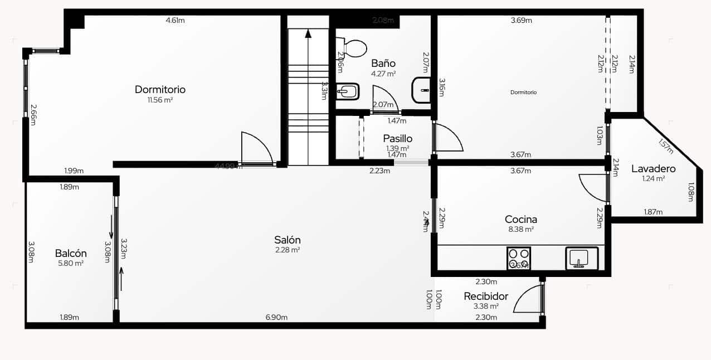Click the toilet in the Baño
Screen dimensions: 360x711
(352, 48)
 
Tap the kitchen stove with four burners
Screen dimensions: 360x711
(519, 259)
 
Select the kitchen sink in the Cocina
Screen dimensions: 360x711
(582, 258)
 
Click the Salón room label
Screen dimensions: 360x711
(288, 240)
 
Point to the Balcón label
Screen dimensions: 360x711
(71, 254)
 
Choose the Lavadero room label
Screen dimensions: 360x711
(653, 169)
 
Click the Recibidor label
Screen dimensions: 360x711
(486, 296)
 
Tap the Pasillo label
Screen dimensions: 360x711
(398, 139)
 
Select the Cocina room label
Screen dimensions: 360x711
(521, 220)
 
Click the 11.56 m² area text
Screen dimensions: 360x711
(160, 100)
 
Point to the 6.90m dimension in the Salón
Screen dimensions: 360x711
(276, 318)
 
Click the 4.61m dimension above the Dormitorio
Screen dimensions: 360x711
(175, 21)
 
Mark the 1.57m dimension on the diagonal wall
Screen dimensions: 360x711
(665, 145)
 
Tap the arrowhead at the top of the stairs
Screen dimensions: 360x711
(308, 33)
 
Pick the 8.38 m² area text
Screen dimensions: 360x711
(521, 229)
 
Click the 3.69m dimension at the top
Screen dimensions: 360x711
(522, 21)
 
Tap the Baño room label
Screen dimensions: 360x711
(383, 64)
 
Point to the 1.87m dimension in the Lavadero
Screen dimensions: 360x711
(653, 212)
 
